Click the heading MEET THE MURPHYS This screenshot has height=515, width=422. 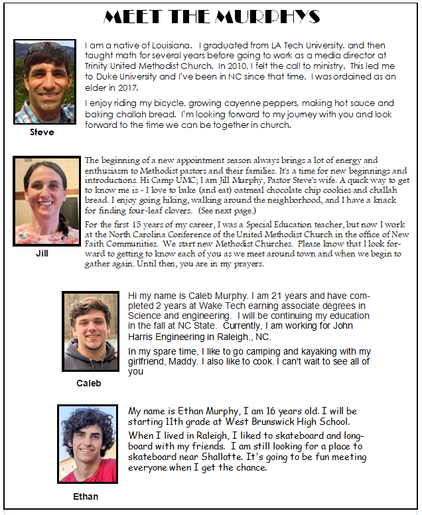point(212,17)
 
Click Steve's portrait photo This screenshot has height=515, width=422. point(45,81)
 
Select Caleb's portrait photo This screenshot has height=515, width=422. point(90,331)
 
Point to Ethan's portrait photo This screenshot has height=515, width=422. point(87,443)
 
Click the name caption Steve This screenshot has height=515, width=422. point(42,132)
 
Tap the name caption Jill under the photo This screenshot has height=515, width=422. point(42,253)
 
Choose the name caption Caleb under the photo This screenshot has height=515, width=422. point(88,383)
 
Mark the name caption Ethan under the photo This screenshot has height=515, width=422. point(86,496)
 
